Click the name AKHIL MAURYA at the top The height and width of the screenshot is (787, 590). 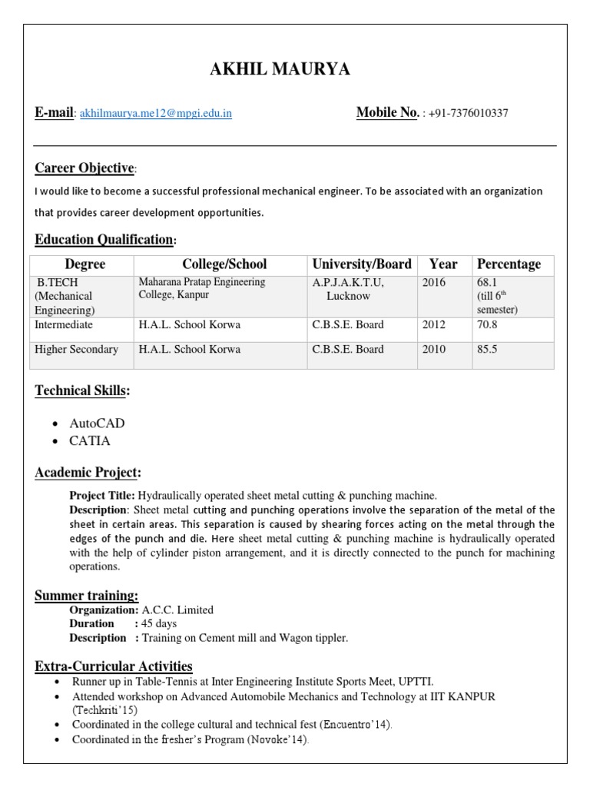pos(280,70)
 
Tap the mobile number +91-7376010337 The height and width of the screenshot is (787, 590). pos(469,114)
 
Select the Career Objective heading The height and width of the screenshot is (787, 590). pos(85,168)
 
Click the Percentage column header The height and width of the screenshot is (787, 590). pos(509,264)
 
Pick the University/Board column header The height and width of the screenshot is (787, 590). pos(361,264)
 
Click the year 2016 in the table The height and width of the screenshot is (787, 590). pos(433,282)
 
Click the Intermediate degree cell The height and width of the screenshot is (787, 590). pos(64,324)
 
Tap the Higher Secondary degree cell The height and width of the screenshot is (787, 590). pos(77,349)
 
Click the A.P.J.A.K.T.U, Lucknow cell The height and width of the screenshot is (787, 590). pos(347,289)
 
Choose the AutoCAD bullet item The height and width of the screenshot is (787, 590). pos(97,423)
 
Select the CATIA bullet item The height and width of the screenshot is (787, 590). pos(90,441)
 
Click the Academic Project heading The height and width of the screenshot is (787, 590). pos(88,472)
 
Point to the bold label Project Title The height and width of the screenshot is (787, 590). pos(102,496)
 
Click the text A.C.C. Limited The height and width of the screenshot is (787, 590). pos(177,609)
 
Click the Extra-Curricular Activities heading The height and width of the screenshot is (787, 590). pos(114,666)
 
